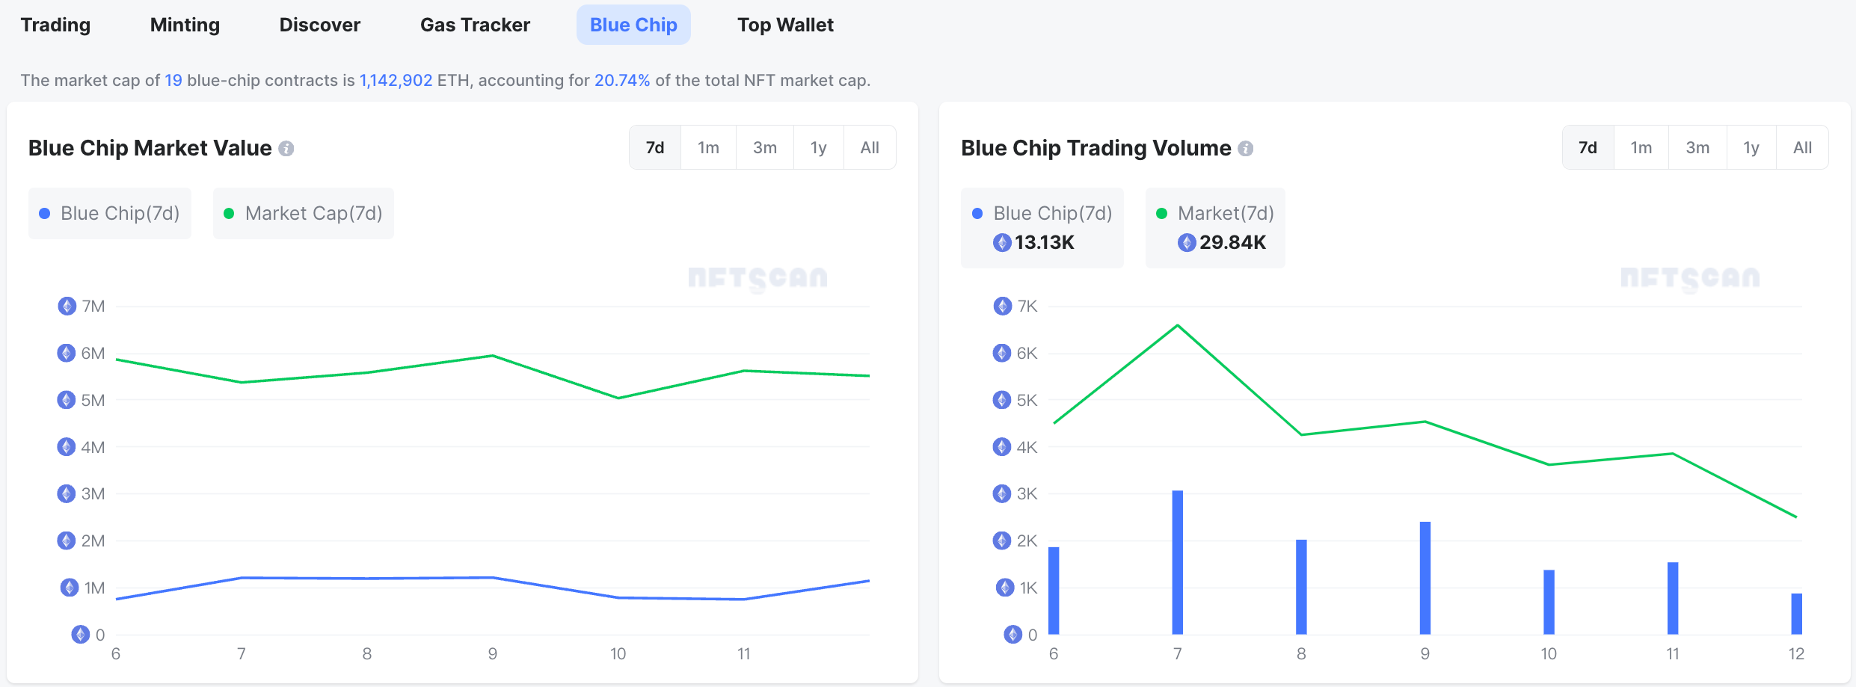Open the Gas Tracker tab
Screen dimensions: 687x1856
(x=475, y=25)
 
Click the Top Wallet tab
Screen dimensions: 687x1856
(x=785, y=25)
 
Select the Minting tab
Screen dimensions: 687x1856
(x=185, y=25)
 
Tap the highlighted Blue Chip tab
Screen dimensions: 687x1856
(x=633, y=25)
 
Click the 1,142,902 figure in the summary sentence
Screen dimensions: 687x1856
(x=396, y=80)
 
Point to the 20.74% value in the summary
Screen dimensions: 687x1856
(x=621, y=80)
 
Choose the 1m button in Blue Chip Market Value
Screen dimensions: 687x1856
(x=708, y=147)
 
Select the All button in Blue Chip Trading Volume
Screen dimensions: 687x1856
(x=1802, y=147)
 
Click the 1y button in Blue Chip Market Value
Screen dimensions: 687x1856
(x=818, y=147)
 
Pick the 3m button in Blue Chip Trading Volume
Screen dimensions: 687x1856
(x=1697, y=147)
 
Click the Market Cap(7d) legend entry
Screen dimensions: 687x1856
(x=304, y=213)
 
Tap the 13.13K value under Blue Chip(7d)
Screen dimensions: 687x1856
(x=1044, y=242)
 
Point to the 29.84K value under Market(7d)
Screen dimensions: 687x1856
(x=1232, y=242)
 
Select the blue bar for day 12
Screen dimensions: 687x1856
(x=1796, y=614)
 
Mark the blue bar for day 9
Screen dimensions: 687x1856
(x=1425, y=578)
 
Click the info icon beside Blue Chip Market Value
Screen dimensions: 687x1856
(x=286, y=149)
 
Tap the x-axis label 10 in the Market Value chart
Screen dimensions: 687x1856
(x=618, y=653)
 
